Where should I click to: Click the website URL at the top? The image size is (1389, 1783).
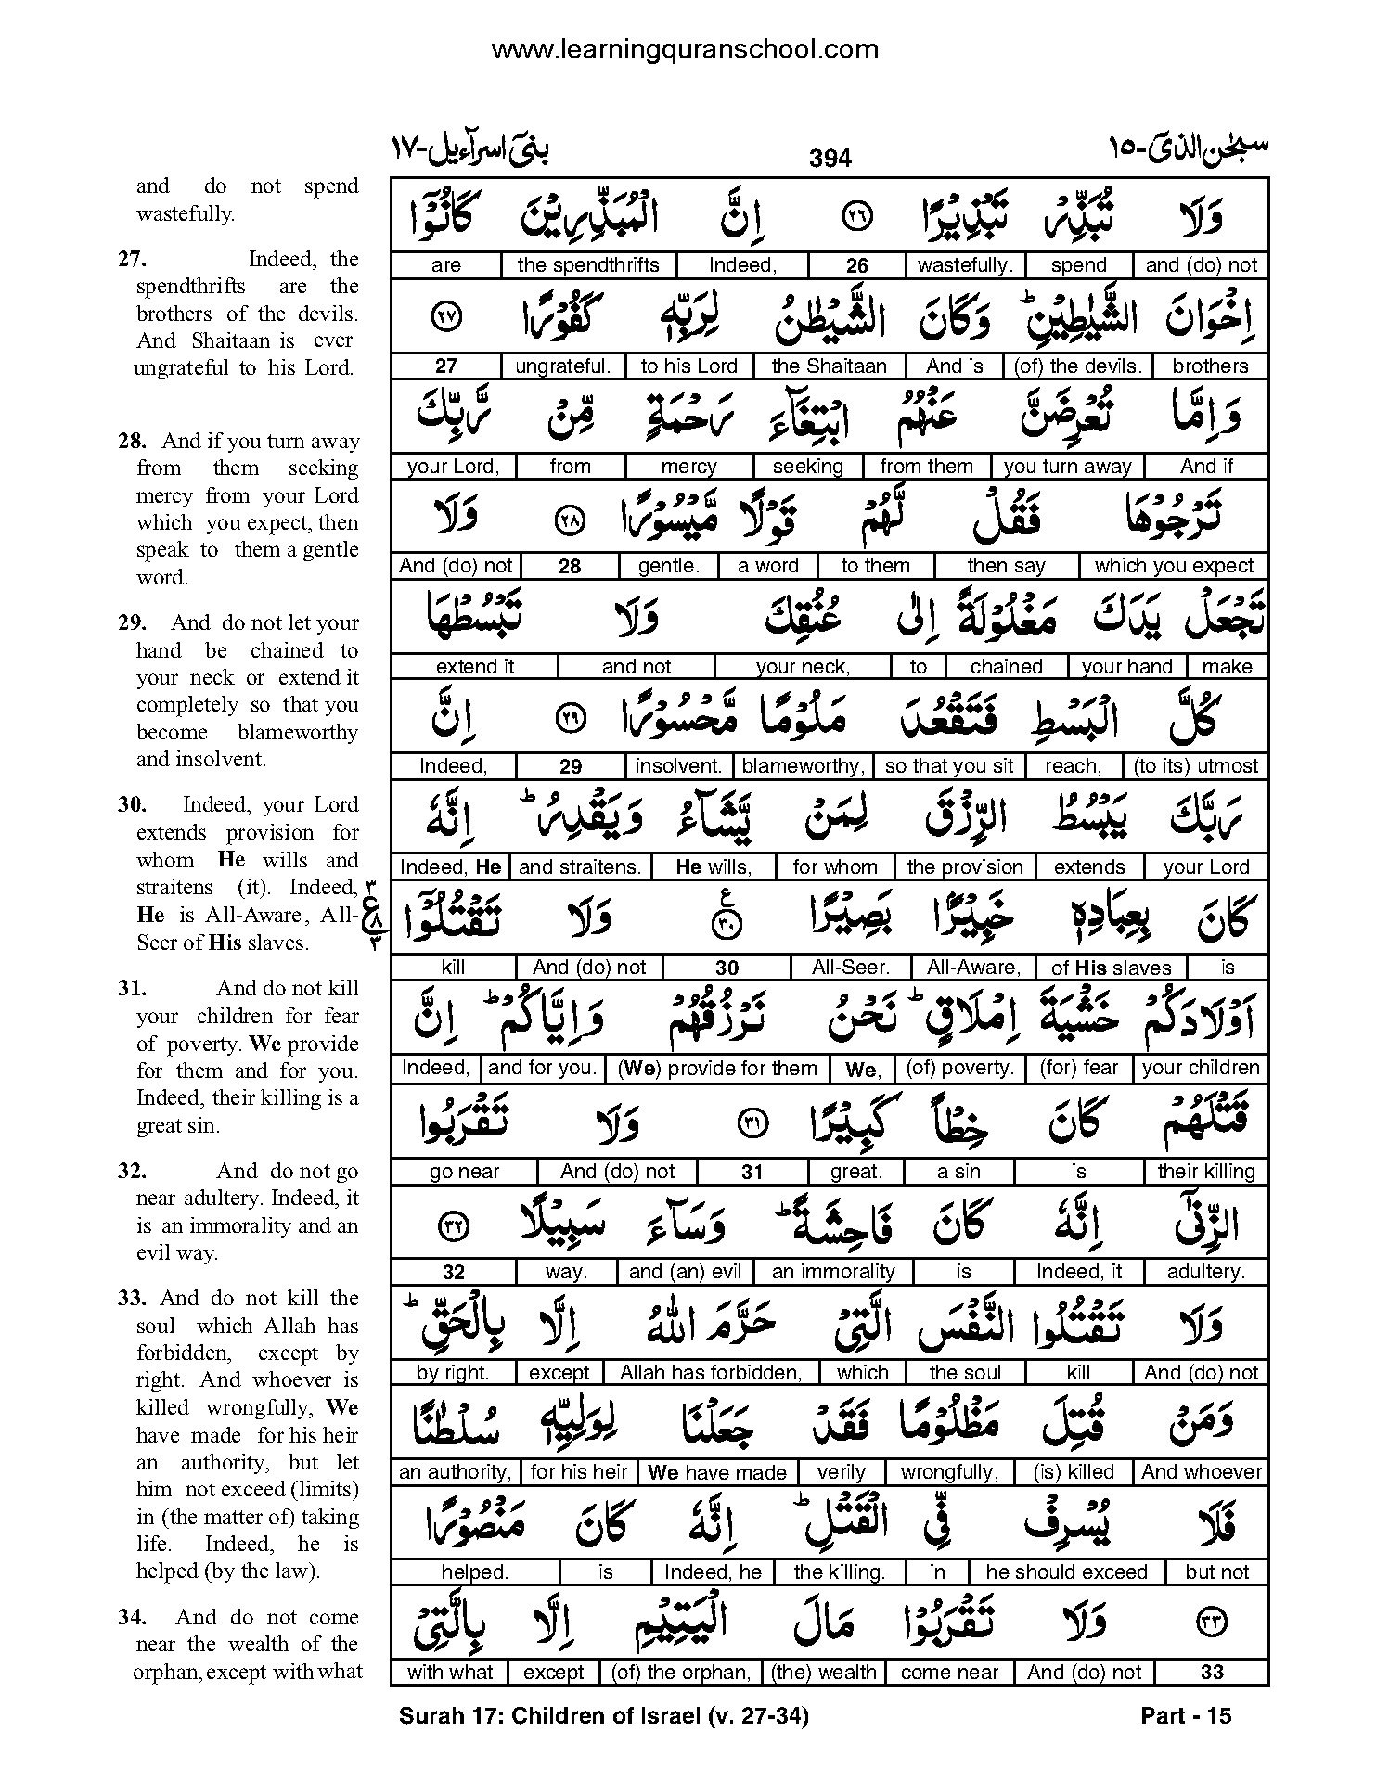pos(685,50)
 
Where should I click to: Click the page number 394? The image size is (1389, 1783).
pos(830,159)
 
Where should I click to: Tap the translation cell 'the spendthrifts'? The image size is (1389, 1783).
pos(588,265)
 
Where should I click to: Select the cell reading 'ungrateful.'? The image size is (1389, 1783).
pos(562,366)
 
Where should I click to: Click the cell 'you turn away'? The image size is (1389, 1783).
pos(1067,467)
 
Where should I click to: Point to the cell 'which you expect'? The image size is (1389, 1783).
pos(1174,566)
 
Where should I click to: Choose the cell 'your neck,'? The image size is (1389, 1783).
pos(803,666)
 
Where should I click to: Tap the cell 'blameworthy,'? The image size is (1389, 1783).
pos(804,766)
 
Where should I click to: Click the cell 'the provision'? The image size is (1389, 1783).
pos(965,867)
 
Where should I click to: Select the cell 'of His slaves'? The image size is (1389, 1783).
pos(1111,968)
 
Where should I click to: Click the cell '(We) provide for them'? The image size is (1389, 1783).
pos(717,1068)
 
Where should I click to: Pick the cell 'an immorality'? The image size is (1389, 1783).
pos(833,1271)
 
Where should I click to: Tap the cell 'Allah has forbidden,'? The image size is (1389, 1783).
pos(711,1372)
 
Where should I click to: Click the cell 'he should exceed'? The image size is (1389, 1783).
pos(1066,1571)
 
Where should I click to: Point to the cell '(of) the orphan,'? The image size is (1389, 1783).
pos(681,1672)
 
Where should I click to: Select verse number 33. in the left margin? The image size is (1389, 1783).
pos(133,1299)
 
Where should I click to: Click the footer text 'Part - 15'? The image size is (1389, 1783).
pos(1186,1715)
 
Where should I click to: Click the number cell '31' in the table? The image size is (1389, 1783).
pos(752,1172)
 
